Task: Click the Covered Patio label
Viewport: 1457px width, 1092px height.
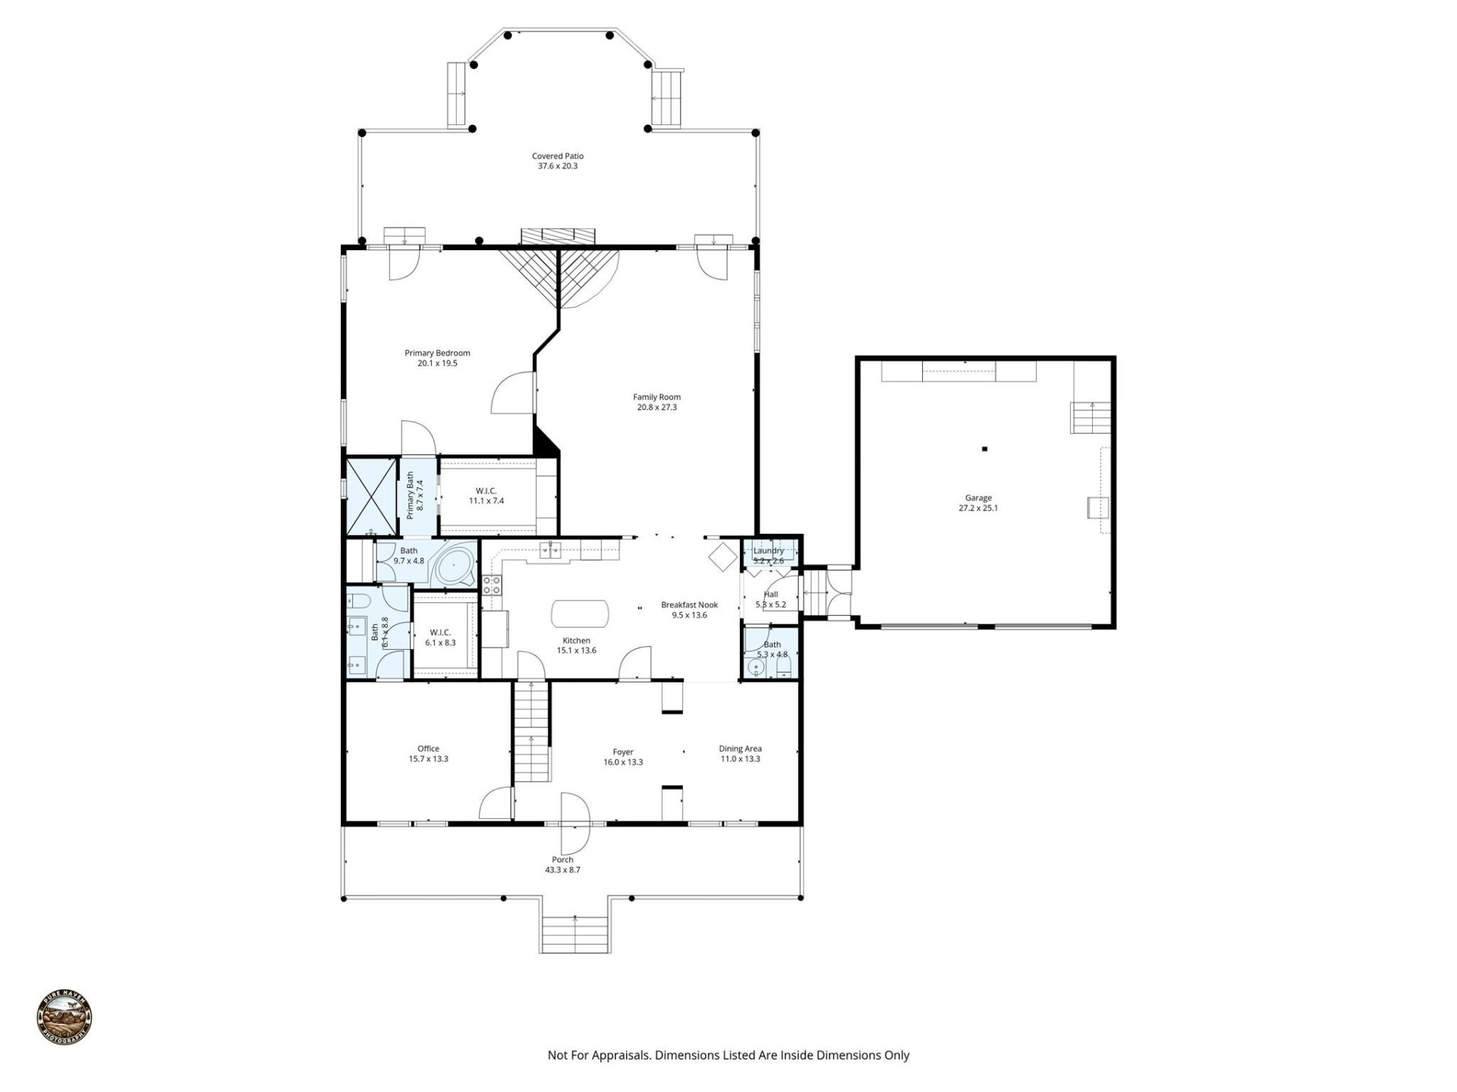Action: (558, 156)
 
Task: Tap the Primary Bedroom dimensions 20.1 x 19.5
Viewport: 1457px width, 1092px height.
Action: (437, 363)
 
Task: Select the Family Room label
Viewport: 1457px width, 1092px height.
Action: (657, 397)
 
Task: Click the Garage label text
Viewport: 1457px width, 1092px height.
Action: (978, 498)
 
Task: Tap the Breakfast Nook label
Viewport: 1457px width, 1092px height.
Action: (689, 604)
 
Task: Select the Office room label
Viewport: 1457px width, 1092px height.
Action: (428, 748)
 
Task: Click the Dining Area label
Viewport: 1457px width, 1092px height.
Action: (740, 748)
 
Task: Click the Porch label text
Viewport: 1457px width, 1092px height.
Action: (562, 860)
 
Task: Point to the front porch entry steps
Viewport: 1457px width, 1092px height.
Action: (575, 934)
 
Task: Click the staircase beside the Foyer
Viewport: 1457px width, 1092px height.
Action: (531, 732)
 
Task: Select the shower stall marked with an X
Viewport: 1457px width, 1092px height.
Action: (372, 497)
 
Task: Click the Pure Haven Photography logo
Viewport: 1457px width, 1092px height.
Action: (65, 1018)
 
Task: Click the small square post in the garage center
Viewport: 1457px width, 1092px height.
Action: (985, 449)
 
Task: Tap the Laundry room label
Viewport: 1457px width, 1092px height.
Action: (769, 551)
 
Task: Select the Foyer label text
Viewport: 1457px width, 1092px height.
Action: (623, 752)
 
